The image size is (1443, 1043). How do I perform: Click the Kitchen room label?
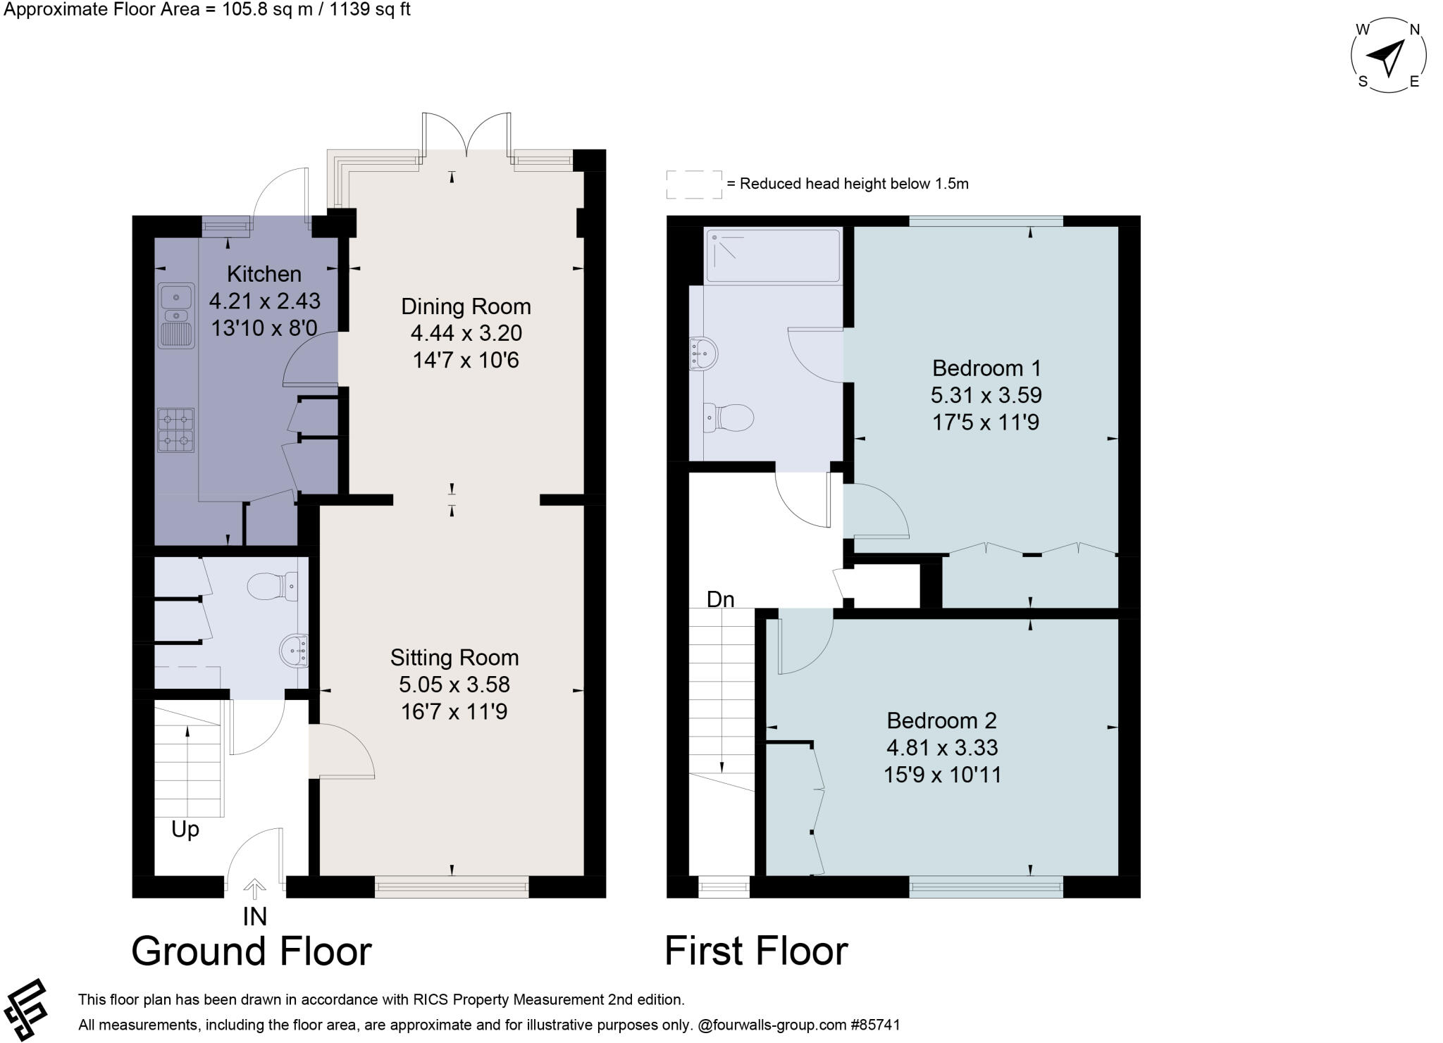tap(264, 274)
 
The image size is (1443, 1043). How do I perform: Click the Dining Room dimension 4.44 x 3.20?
tap(466, 333)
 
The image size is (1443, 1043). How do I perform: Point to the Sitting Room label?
tap(454, 658)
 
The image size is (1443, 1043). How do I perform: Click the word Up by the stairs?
tap(185, 830)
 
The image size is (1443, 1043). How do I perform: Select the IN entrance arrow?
tap(254, 889)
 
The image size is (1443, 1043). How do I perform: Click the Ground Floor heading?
tap(252, 951)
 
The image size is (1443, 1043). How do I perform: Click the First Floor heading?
tap(756, 951)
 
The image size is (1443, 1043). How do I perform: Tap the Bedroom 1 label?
tap(986, 368)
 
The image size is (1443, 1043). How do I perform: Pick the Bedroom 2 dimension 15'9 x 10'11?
tap(942, 775)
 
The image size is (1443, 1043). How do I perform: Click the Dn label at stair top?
tap(720, 599)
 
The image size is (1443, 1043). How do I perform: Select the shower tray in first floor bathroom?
tap(774, 256)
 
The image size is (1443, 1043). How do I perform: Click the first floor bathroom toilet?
tap(729, 418)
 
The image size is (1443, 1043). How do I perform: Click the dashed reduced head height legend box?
tap(694, 184)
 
